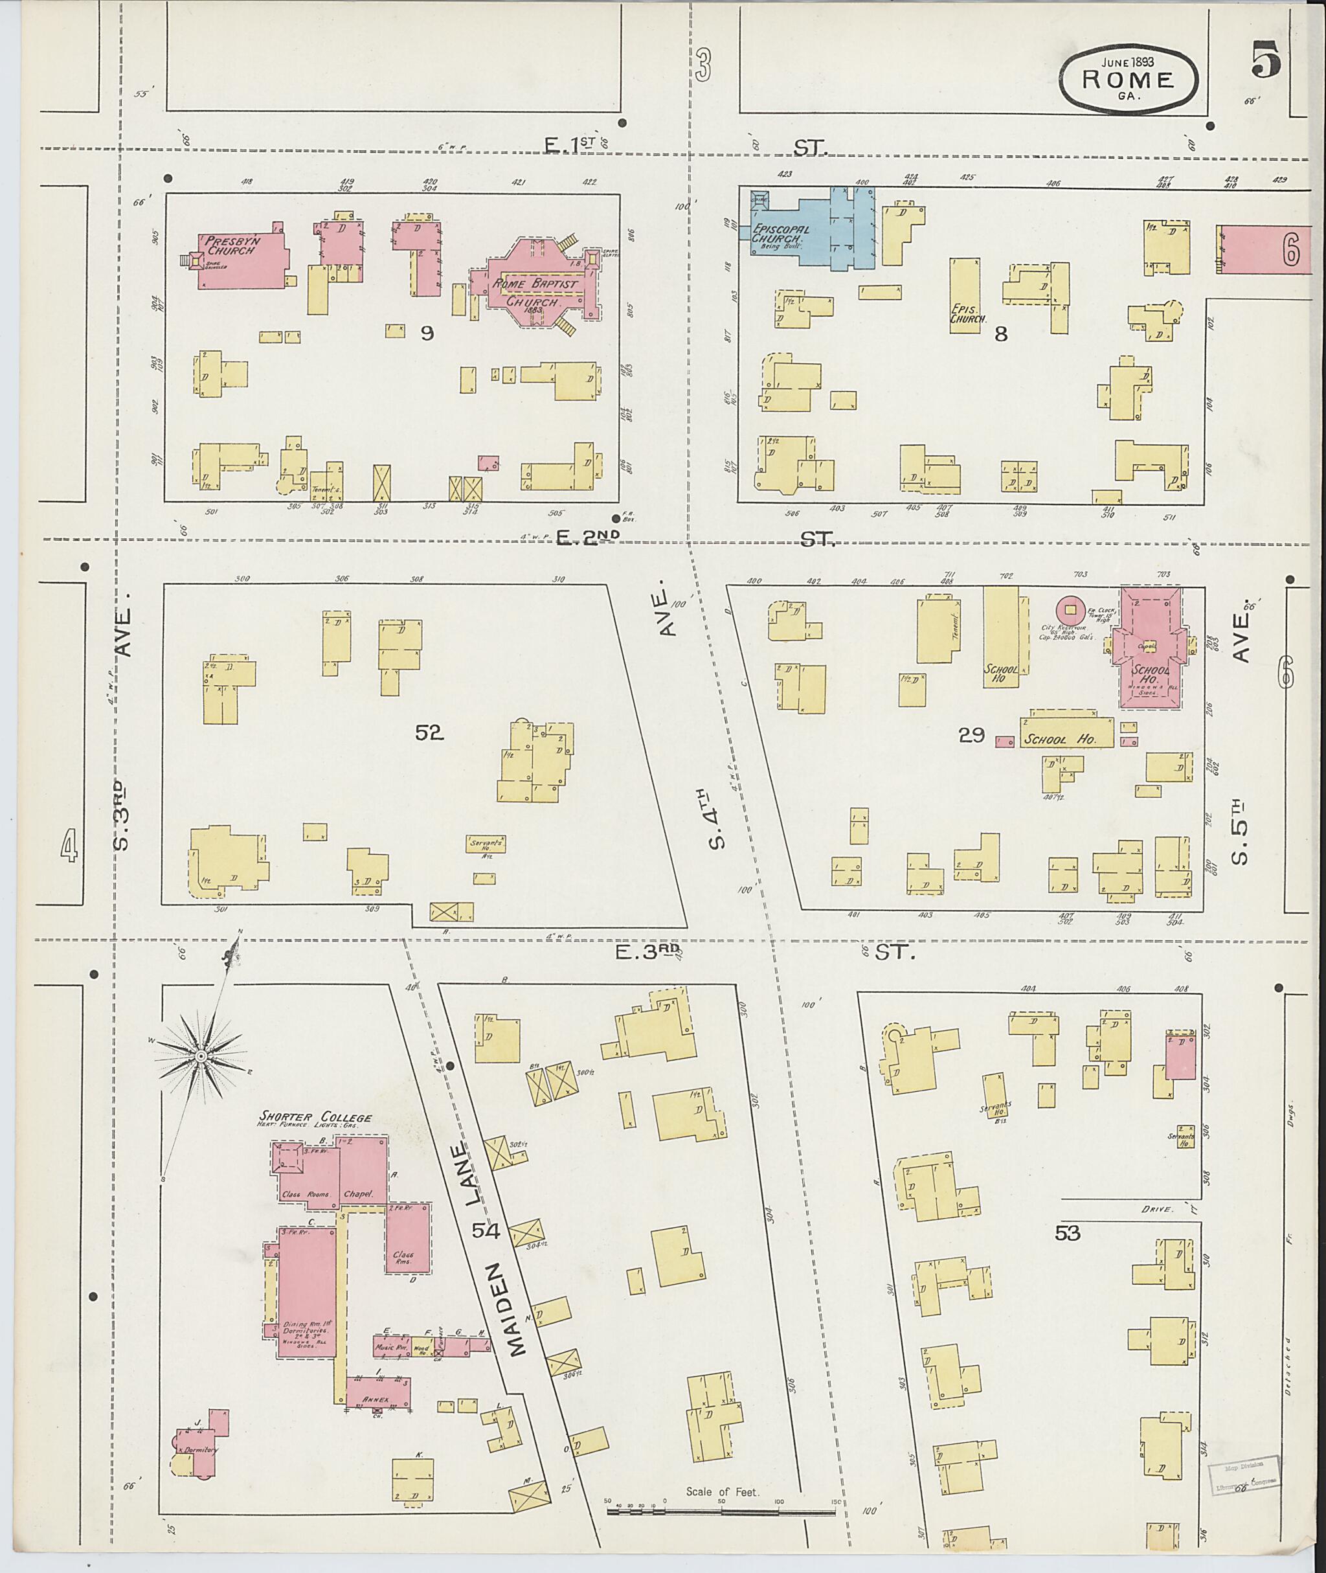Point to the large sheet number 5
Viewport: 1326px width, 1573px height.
[1266, 61]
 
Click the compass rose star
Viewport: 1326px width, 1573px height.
[201, 1056]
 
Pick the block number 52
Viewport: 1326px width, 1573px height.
[429, 732]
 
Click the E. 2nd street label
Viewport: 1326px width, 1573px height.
[589, 537]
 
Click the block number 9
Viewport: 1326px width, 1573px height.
[427, 333]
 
